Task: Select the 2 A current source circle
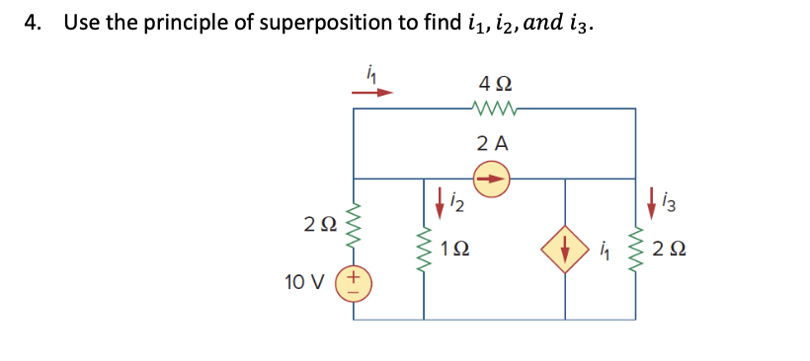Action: coord(492,180)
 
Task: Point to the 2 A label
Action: coord(492,143)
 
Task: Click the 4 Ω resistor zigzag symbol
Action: coord(494,108)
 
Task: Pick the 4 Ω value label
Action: coord(494,84)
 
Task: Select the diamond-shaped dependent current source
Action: coord(565,250)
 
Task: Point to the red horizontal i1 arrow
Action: coord(371,93)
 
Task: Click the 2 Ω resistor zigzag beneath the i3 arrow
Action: coord(635,251)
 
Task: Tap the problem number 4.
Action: coord(33,22)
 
